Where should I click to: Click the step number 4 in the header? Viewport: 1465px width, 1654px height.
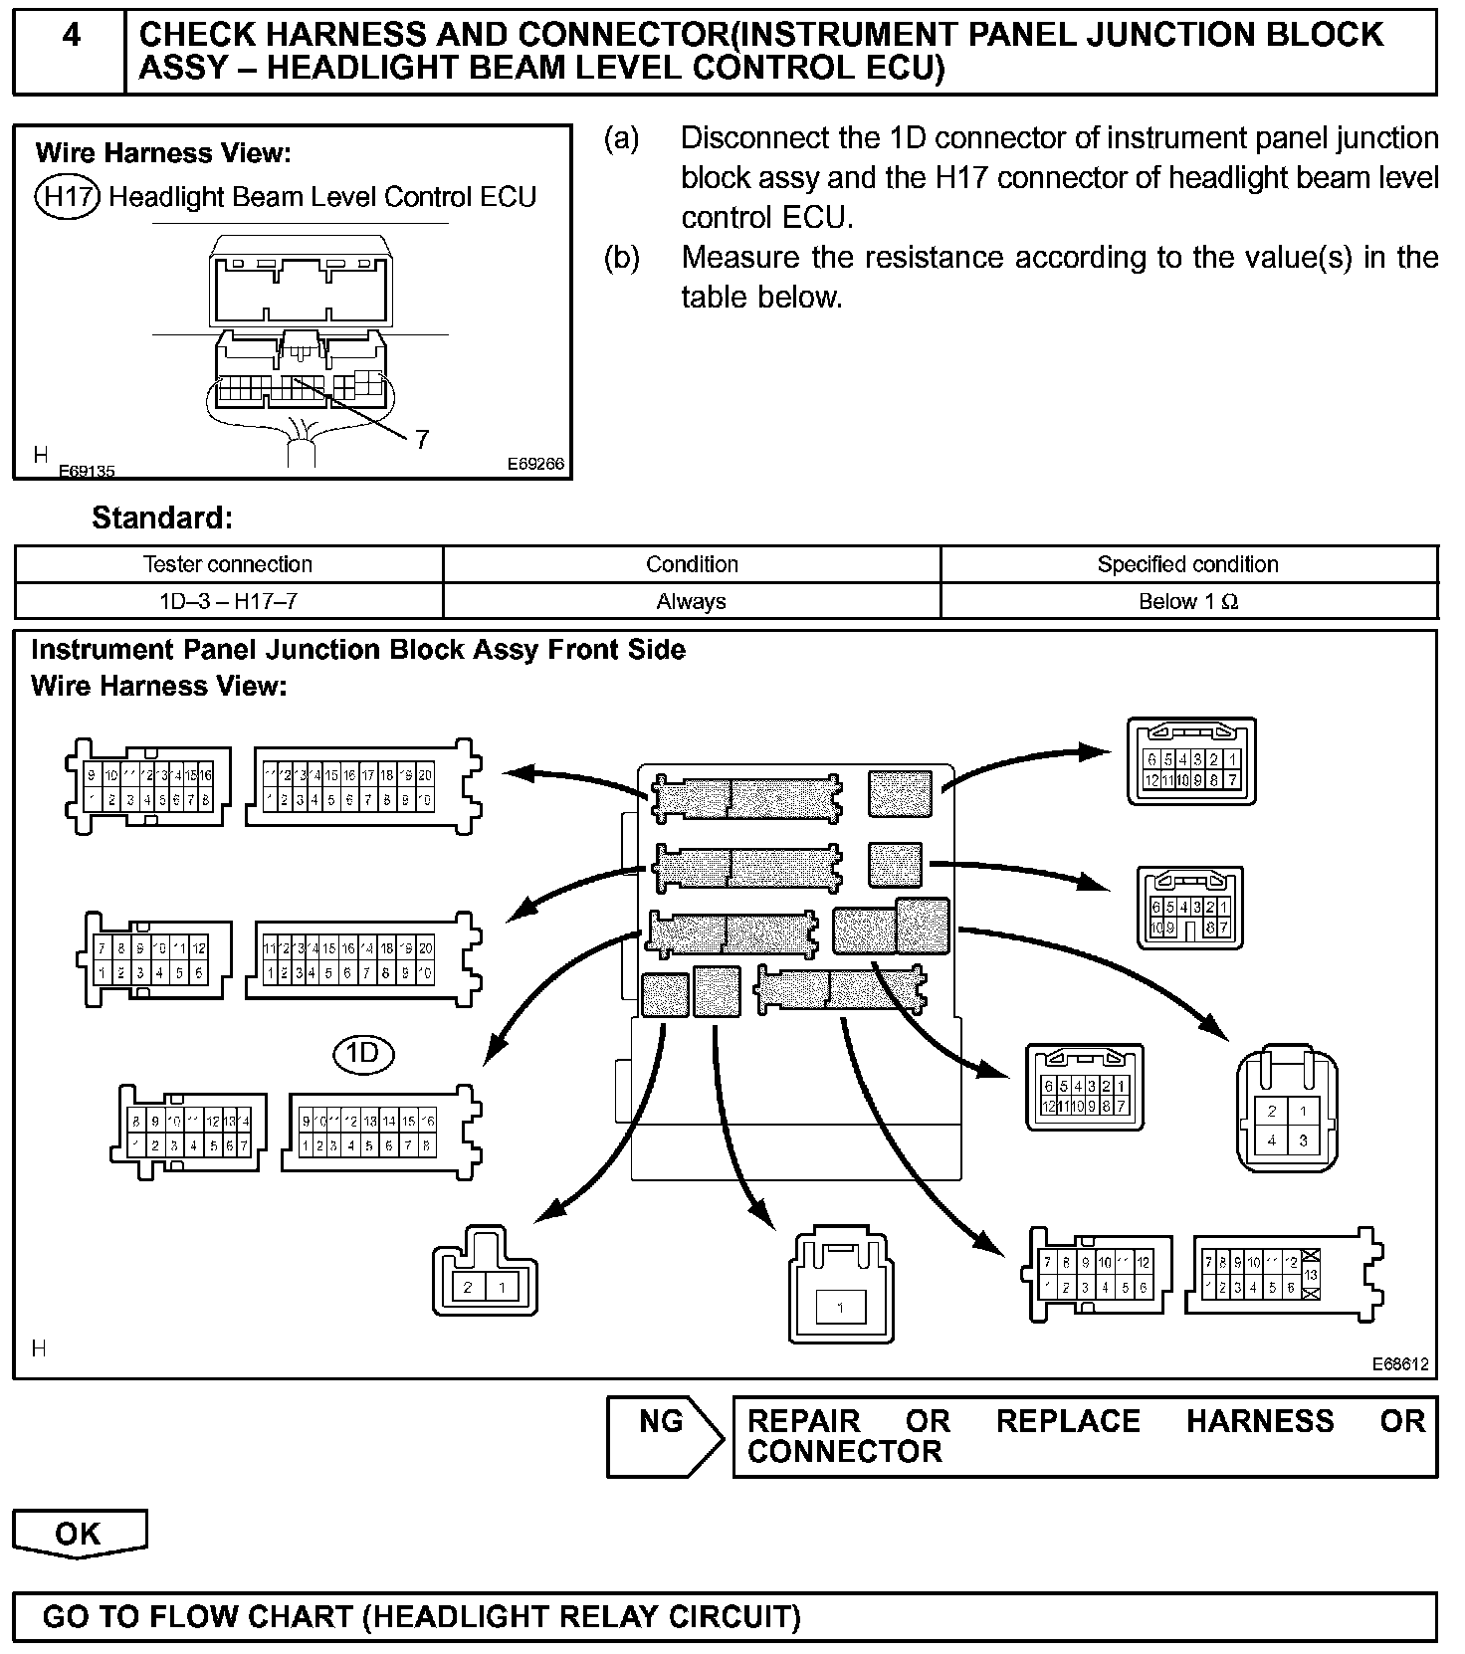click(x=71, y=36)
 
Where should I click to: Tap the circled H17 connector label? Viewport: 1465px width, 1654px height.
click(x=67, y=196)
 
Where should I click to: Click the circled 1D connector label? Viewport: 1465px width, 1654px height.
click(x=363, y=1053)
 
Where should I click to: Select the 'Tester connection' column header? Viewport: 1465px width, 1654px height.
click(x=228, y=564)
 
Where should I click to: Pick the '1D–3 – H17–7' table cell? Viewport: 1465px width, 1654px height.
click(x=228, y=601)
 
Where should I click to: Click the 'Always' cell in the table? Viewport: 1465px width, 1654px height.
click(x=691, y=601)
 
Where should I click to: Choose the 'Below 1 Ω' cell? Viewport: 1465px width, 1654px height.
click(x=1187, y=601)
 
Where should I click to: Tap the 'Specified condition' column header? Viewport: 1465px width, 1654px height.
click(x=1187, y=564)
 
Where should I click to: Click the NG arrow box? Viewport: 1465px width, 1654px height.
click(x=663, y=1434)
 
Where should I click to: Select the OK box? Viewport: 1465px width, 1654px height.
click(x=79, y=1533)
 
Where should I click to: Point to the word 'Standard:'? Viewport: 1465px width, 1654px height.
click(x=162, y=517)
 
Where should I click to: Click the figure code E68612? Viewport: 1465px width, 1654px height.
click(x=1400, y=1363)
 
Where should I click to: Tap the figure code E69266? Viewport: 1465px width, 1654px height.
click(x=535, y=464)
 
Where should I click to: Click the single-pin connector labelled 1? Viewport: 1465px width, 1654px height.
click(x=841, y=1291)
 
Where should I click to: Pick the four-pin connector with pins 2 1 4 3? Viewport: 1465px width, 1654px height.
click(x=1287, y=1111)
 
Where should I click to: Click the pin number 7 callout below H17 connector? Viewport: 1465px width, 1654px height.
click(x=422, y=439)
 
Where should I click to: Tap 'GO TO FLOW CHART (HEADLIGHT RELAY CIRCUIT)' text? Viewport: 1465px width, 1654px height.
click(x=422, y=1616)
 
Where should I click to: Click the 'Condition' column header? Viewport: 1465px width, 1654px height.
click(x=691, y=564)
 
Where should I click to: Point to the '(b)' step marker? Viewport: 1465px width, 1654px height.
click(x=622, y=258)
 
